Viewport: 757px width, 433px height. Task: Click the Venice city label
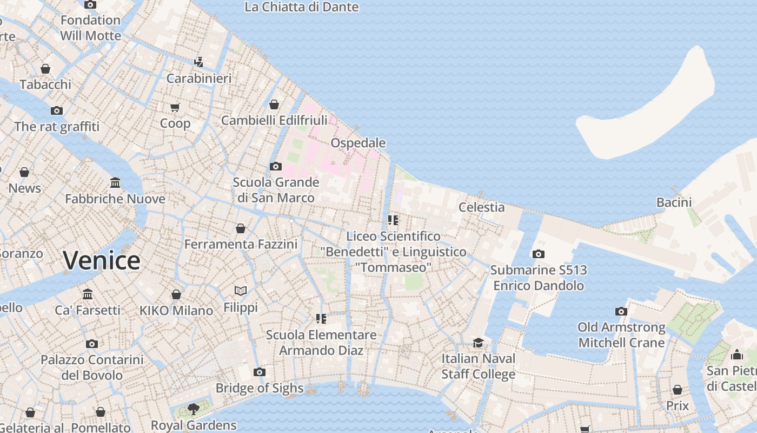pos(102,260)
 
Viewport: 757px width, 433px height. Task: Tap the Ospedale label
pos(358,143)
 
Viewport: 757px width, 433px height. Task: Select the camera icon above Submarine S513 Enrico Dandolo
pos(538,254)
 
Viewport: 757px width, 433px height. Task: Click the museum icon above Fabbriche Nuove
pos(115,182)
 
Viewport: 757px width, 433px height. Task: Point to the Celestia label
pos(481,207)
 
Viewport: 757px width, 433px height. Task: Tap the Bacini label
pos(674,202)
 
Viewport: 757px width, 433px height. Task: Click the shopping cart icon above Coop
pos(175,107)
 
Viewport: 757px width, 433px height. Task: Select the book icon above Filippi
pos(241,291)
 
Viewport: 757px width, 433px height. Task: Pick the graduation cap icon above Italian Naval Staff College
pos(478,343)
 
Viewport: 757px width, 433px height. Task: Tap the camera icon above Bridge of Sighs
pos(260,372)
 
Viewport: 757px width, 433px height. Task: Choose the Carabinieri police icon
pos(198,62)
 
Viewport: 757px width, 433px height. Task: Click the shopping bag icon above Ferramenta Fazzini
pos(241,228)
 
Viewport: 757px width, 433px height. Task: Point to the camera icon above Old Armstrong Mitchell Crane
pos(621,311)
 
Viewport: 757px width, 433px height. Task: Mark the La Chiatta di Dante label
pos(301,7)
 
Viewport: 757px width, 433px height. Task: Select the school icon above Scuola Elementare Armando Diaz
pos(321,319)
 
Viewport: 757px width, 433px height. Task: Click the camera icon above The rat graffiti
pos(57,110)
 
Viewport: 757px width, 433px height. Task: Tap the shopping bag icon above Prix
pos(678,390)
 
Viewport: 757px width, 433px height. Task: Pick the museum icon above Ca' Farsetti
pos(88,294)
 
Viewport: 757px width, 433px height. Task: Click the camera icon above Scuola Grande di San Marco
pos(276,166)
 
